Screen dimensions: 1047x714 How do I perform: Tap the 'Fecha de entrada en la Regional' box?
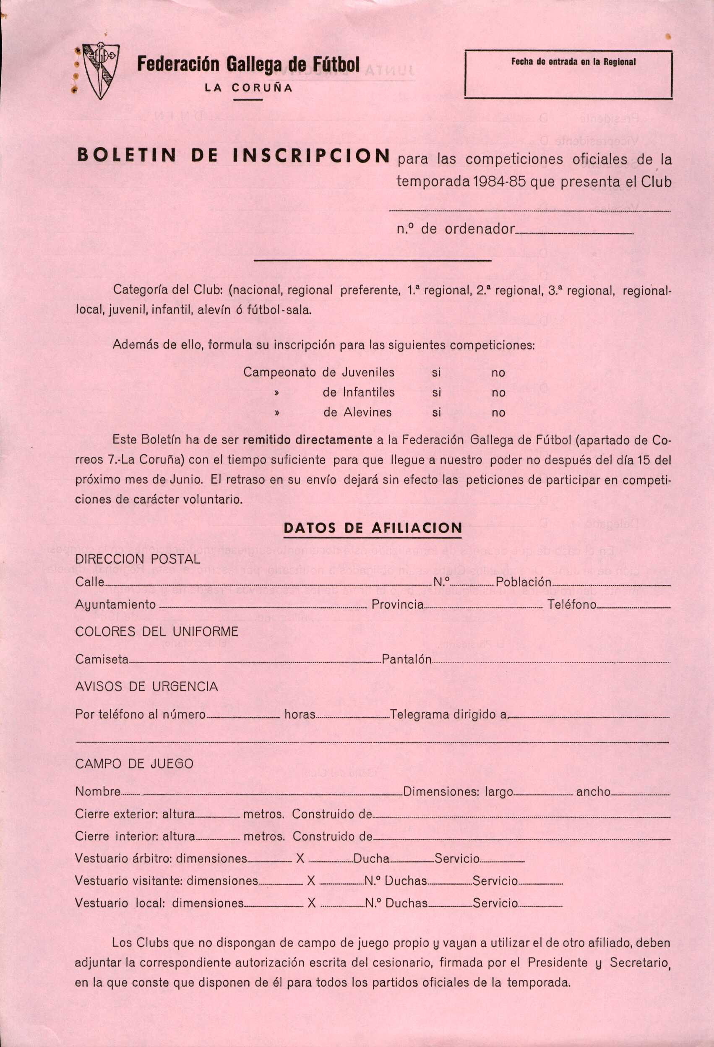click(x=568, y=75)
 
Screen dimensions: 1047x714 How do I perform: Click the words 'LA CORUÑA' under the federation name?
click(x=249, y=89)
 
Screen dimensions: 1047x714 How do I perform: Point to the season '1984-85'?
click(x=500, y=182)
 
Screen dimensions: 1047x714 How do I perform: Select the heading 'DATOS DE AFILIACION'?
click(x=373, y=528)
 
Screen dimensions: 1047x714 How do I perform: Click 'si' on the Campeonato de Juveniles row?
click(x=436, y=373)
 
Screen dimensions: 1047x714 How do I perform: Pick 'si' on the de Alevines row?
click(x=436, y=413)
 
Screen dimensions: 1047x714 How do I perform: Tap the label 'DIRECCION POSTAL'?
click(x=138, y=560)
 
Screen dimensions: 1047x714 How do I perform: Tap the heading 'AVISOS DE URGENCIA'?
click(x=146, y=687)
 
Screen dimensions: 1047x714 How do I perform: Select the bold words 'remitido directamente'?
click(x=307, y=440)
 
